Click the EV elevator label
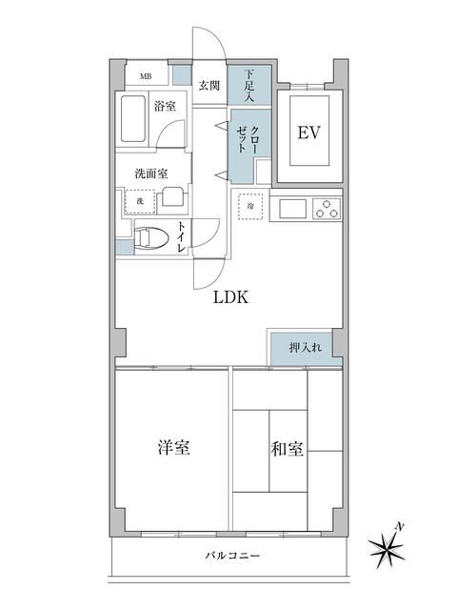307,132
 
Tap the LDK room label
229,296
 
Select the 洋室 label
172,448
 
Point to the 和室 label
288,448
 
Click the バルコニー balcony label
229,556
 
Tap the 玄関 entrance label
209,84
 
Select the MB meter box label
147,76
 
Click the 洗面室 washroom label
150,173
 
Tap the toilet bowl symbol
149,237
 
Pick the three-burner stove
327,207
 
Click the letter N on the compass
403,526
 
